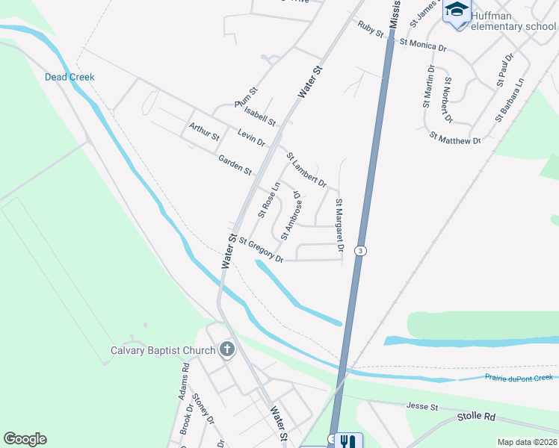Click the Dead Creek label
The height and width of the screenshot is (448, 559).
70,77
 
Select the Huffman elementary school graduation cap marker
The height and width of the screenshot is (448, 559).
456,11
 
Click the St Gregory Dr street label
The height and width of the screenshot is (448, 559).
261,249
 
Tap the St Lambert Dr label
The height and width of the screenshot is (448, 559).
306,169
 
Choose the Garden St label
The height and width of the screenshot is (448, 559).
235,165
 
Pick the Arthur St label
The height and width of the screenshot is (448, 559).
204,132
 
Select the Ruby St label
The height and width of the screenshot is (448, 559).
370,30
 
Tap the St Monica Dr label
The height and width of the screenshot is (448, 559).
422,44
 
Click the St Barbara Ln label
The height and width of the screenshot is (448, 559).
510,100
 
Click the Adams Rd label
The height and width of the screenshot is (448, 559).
185,382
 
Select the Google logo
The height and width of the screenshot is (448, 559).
25,439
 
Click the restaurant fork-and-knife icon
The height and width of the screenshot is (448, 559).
347,441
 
